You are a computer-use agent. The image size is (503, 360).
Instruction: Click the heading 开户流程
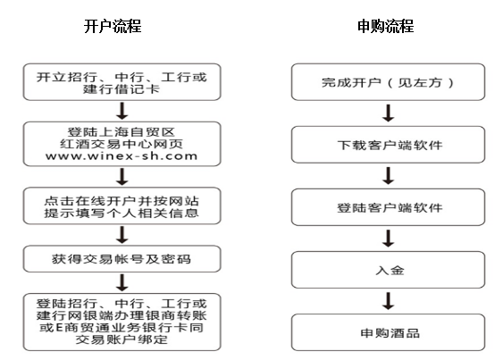(113, 26)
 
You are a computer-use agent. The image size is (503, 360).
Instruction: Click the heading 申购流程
(386, 26)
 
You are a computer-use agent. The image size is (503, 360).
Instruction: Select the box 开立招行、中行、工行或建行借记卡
(122, 82)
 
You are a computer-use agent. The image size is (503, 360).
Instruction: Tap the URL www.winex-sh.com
(122, 156)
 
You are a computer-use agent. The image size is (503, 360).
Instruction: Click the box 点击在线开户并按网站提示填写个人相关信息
(122, 205)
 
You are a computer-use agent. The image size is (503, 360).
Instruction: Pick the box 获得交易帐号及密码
(122, 259)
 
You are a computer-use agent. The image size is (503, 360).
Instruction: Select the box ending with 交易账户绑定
(122, 322)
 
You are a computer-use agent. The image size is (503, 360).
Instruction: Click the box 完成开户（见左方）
(388, 82)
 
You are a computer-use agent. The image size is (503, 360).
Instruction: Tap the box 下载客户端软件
(388, 145)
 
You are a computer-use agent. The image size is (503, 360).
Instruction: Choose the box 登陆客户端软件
(388, 207)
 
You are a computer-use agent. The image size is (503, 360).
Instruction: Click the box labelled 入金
(388, 270)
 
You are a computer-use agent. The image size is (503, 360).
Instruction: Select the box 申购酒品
(388, 332)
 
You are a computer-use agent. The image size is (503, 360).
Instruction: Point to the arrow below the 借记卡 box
(122, 111)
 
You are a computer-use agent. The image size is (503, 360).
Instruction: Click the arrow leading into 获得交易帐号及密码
(122, 235)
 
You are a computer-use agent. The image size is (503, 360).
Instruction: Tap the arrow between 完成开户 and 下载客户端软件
(389, 113)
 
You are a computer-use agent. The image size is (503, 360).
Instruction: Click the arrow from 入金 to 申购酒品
(389, 301)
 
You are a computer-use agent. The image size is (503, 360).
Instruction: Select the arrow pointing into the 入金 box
(389, 239)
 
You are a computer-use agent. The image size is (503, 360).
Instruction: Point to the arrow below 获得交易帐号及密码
(122, 282)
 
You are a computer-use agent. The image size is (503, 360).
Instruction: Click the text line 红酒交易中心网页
(122, 144)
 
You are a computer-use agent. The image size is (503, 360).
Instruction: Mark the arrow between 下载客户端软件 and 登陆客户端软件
(389, 175)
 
